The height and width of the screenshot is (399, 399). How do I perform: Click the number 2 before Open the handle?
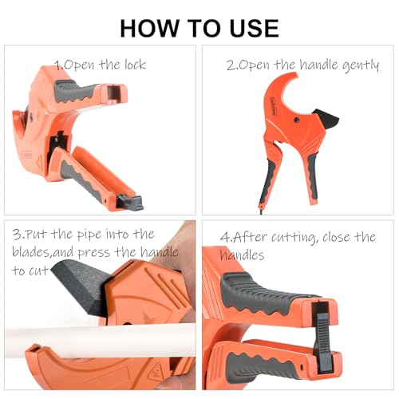tap(231, 65)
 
